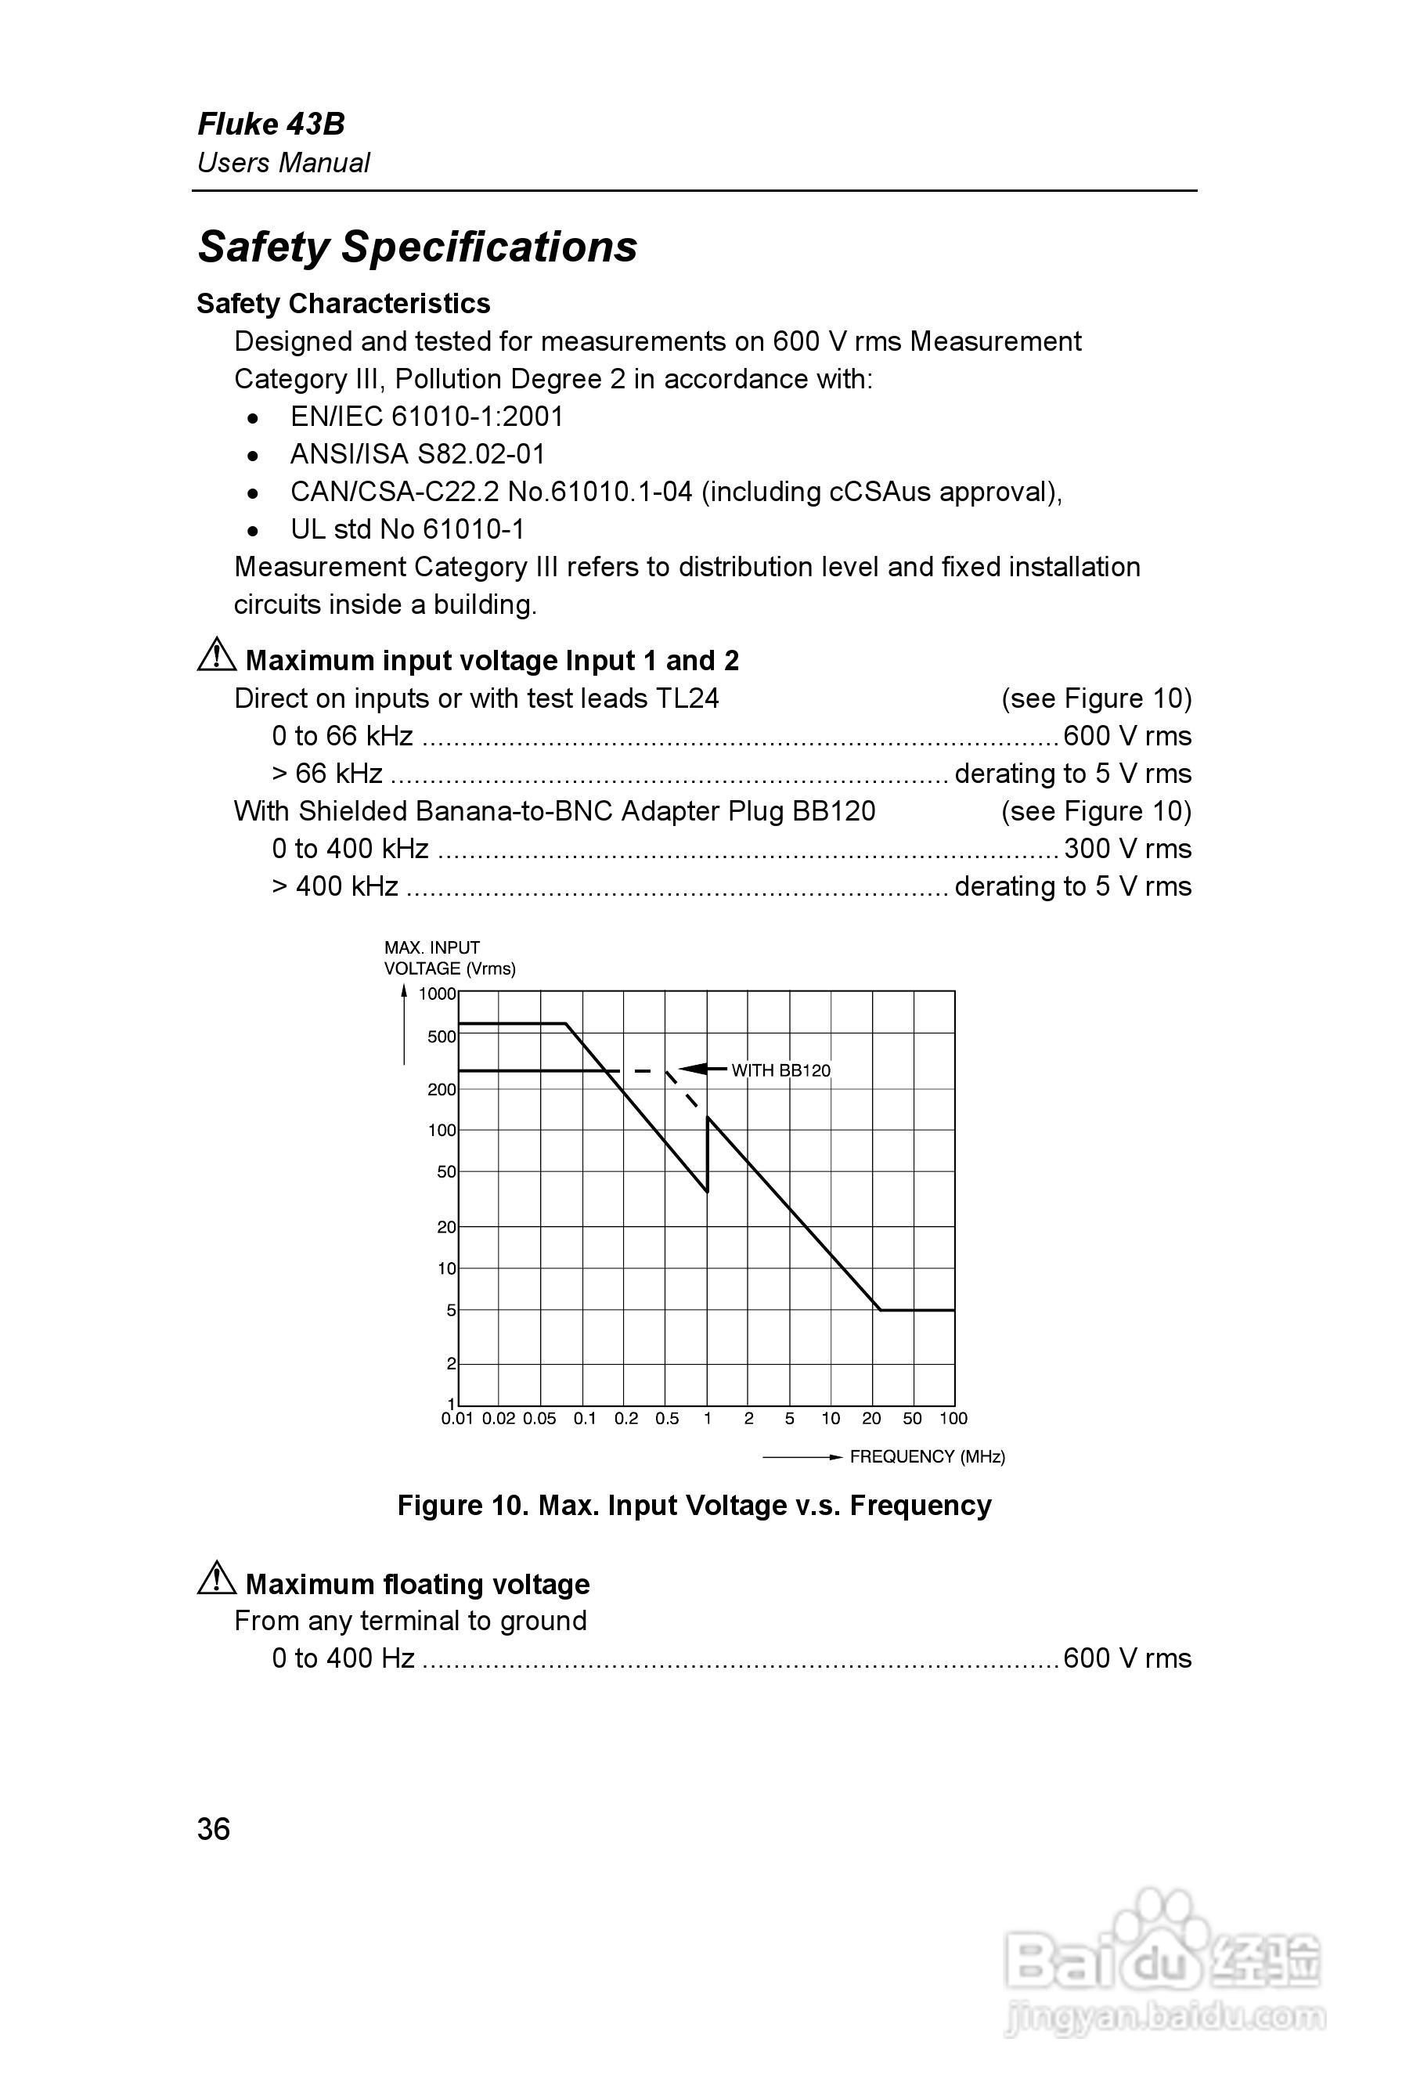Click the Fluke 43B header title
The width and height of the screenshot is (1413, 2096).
click(x=270, y=124)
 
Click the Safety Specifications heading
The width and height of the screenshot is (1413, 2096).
click(x=417, y=247)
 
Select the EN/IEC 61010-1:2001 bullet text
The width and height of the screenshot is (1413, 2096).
click(x=426, y=417)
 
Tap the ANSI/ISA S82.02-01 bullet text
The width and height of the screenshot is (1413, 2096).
click(x=417, y=454)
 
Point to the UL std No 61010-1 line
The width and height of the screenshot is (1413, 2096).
click(x=407, y=529)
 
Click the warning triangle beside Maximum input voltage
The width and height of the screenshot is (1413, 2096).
click(x=216, y=655)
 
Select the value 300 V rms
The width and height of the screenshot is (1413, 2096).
click(x=1126, y=849)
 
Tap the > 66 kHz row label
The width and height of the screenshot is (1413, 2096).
click(x=327, y=773)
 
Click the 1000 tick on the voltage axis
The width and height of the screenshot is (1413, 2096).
click(x=437, y=994)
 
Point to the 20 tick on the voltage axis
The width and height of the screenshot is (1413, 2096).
click(x=446, y=1228)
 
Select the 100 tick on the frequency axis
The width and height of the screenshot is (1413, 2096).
click(x=953, y=1419)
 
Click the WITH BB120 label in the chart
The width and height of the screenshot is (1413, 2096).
click(x=780, y=1070)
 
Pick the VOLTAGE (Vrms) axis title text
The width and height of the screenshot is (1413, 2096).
click(x=449, y=969)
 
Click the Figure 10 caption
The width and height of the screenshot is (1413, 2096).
click(x=694, y=1505)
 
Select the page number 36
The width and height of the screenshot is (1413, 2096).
click(x=214, y=1829)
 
